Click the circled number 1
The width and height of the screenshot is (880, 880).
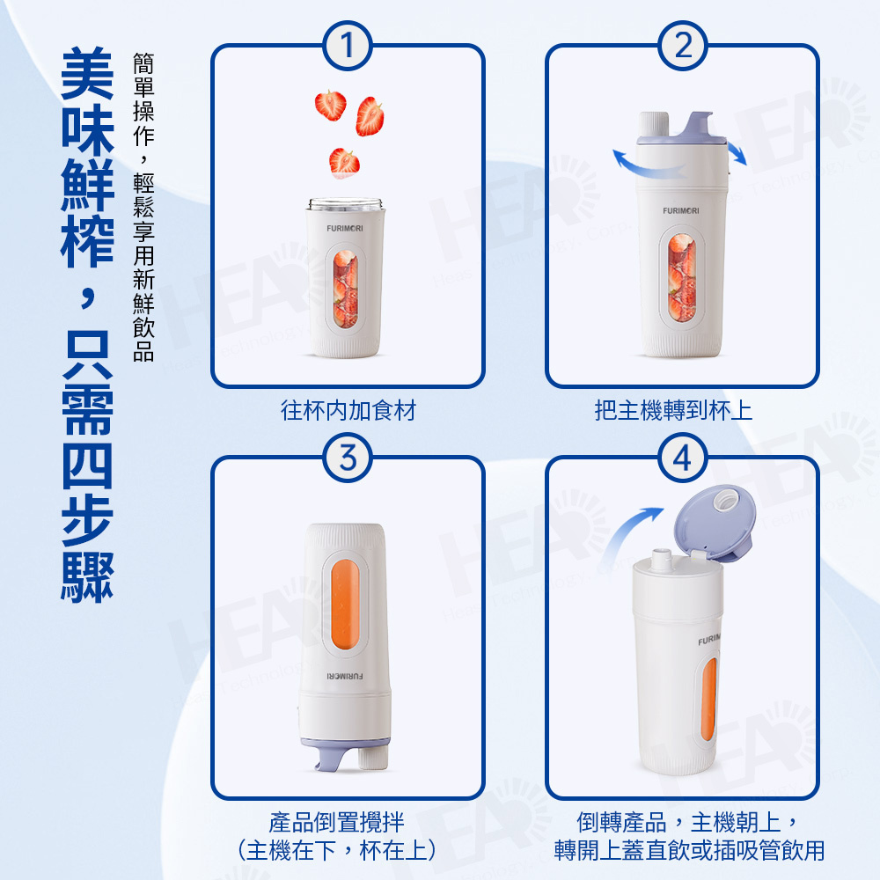tap(348, 46)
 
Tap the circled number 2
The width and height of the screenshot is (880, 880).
tap(683, 46)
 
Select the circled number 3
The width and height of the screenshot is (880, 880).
tap(348, 458)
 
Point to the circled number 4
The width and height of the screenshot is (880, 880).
tap(683, 458)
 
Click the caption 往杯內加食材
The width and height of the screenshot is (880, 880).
tap(348, 410)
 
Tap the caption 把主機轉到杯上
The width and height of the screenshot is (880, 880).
tap(673, 410)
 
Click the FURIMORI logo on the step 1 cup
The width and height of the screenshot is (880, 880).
tap(345, 229)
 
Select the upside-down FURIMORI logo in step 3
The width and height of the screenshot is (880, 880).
tap(345, 676)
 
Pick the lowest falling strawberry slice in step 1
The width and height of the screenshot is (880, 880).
tap(344, 163)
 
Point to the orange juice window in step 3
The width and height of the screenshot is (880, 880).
tap(345, 606)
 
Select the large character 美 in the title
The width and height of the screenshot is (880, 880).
tap(87, 74)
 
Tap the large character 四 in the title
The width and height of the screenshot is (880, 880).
tap(87, 466)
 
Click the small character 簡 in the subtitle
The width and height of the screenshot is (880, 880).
tap(143, 63)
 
